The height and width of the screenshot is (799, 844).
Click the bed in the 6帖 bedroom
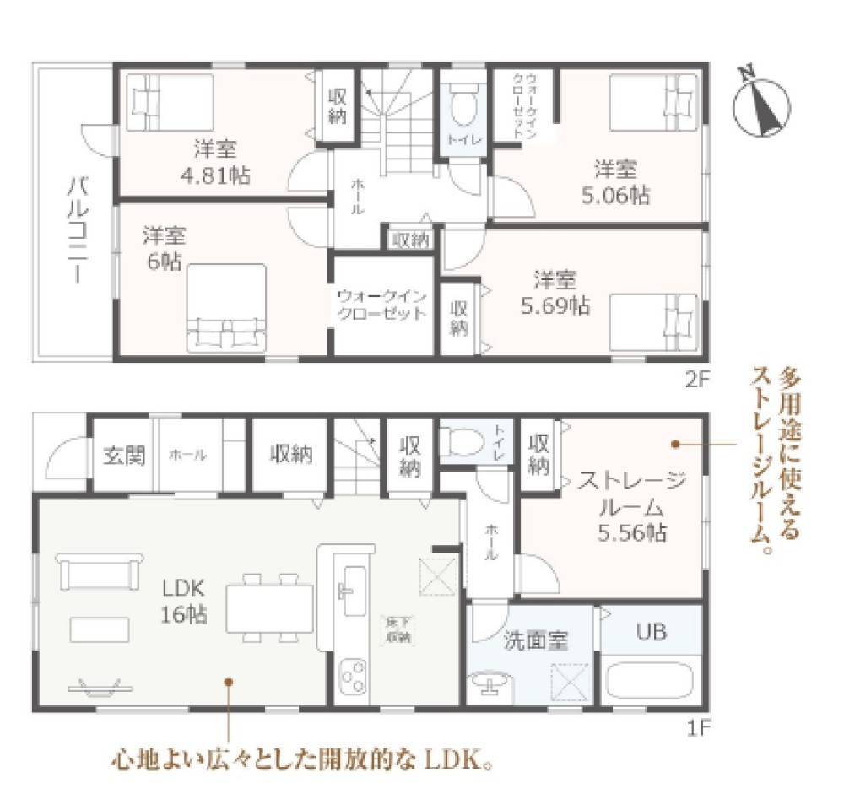click(x=226, y=308)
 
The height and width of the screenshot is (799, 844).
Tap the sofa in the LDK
click(x=99, y=571)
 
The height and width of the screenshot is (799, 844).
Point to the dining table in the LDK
click(x=270, y=606)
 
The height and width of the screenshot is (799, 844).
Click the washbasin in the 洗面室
click(x=489, y=684)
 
